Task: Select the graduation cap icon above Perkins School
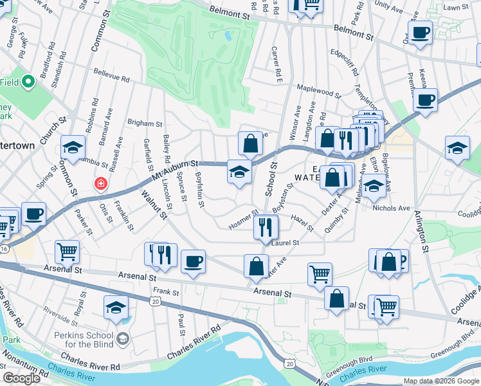(116, 308)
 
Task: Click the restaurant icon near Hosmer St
(264, 226)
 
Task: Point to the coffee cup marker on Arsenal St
(193, 261)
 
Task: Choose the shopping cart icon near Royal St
(66, 251)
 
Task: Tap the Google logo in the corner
(21, 378)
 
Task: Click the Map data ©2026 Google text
(440, 381)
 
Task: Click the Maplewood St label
(318, 89)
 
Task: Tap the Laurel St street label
(286, 243)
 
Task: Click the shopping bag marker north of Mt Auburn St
(250, 143)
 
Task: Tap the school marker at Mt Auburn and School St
(239, 172)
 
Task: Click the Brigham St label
(145, 123)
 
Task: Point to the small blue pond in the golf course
(228, 36)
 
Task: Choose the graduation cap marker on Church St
(73, 147)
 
